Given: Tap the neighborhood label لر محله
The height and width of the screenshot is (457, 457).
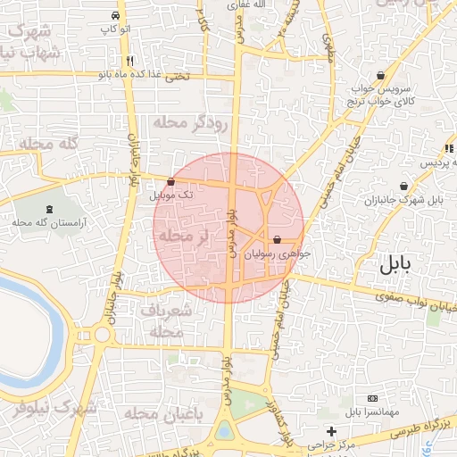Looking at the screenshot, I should click(184, 237).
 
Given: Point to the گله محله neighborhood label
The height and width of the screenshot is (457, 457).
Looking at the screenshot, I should click(49, 144).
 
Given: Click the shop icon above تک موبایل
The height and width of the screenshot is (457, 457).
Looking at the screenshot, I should click(171, 181).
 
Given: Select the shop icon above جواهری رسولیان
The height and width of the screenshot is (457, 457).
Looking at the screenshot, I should click(277, 240).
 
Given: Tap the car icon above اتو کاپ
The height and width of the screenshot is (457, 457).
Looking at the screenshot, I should click(116, 16).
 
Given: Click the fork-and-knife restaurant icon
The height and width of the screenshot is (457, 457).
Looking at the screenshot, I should click(130, 61).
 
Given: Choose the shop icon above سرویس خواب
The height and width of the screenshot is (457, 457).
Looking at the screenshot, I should click(382, 76).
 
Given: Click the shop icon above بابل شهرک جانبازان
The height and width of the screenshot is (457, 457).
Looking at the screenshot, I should click(405, 187).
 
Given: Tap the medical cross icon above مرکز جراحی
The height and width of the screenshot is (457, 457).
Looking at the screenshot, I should click(331, 431).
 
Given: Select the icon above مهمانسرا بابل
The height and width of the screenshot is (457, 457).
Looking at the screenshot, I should click(372, 398).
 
